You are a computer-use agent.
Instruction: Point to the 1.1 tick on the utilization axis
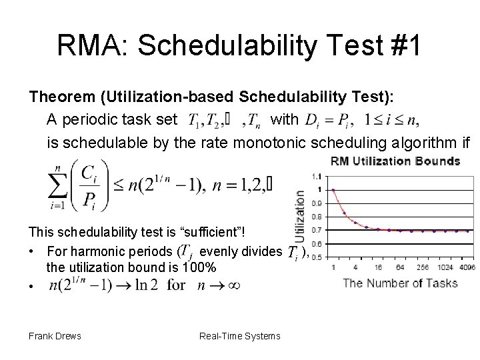[317, 175]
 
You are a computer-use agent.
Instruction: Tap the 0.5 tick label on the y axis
[317, 257]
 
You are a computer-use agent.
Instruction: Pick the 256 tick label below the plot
[420, 267]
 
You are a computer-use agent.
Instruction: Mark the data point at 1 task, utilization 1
[333, 189]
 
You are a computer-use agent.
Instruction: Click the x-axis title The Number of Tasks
[400, 283]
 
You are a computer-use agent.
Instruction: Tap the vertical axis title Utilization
[299, 217]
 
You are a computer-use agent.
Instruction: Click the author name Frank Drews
[55, 336]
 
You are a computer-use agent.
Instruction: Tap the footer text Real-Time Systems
[240, 336]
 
